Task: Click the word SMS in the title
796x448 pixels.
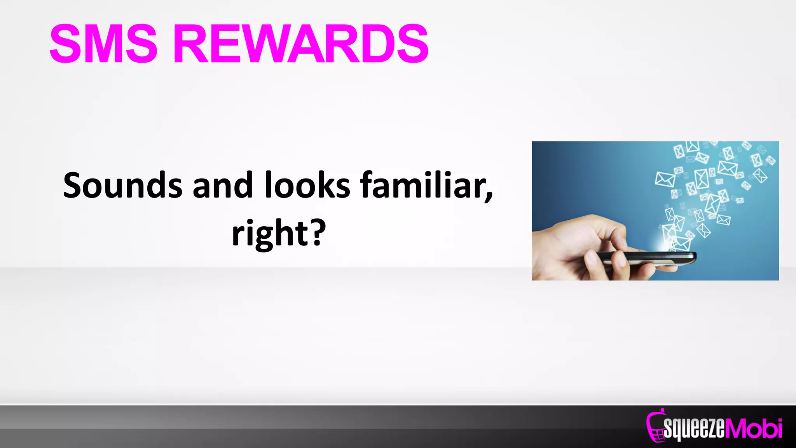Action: click(103, 44)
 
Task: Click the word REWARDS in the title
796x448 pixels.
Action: click(300, 44)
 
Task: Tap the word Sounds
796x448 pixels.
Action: click(122, 186)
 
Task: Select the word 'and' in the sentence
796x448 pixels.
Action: click(223, 186)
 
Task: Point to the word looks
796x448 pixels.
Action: click(307, 186)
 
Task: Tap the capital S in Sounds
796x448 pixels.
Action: click(74, 186)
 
